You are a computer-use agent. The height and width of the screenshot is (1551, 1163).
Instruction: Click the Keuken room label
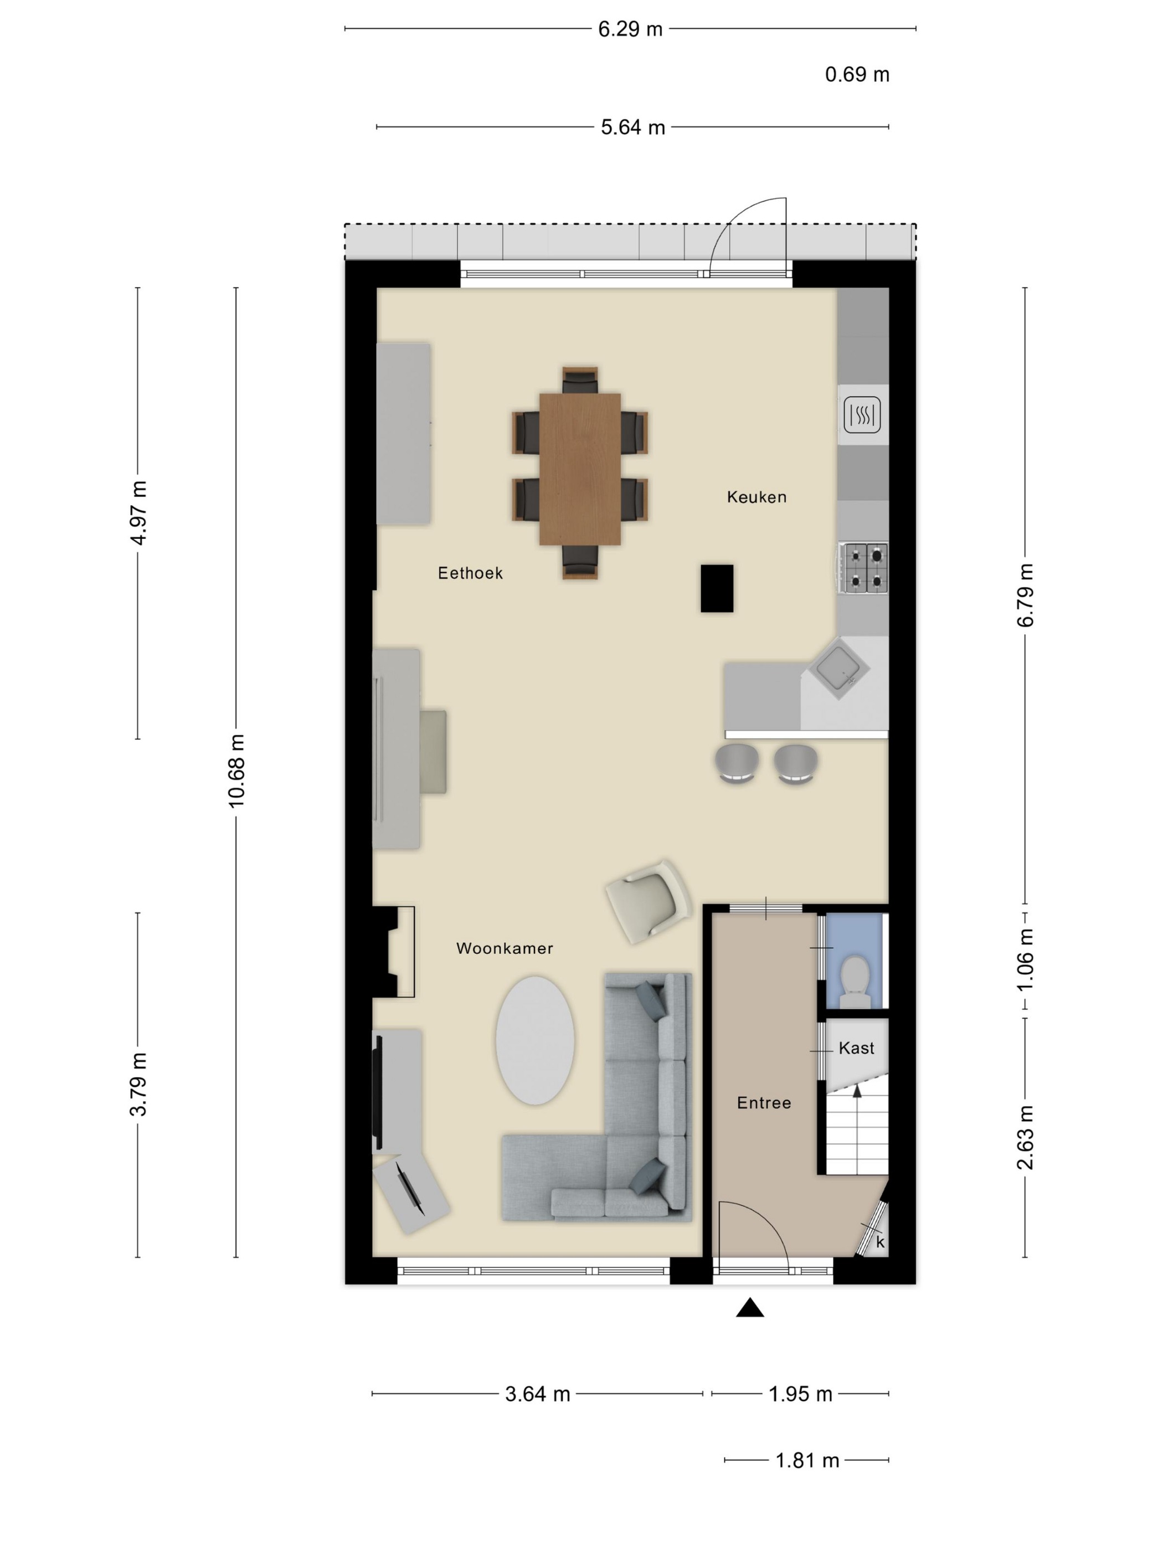[757, 497]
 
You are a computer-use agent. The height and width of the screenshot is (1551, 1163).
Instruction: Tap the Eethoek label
[470, 573]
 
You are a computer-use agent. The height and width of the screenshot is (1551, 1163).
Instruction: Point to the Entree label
[764, 1103]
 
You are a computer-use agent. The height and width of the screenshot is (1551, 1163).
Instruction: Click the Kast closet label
[857, 1048]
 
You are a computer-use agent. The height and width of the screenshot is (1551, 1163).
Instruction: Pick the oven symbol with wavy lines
[862, 414]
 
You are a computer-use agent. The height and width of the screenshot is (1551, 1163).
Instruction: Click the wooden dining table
[580, 469]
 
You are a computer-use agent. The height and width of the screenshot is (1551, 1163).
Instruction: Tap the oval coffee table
[535, 1040]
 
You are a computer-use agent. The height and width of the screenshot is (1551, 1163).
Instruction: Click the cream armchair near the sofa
[649, 901]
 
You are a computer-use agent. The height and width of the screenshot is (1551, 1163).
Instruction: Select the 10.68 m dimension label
[236, 771]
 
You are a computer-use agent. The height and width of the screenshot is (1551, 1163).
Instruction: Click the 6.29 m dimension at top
[630, 29]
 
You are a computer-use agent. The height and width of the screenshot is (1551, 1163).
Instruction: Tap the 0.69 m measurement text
[857, 74]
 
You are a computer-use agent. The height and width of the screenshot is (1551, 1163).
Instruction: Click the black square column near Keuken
[717, 588]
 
